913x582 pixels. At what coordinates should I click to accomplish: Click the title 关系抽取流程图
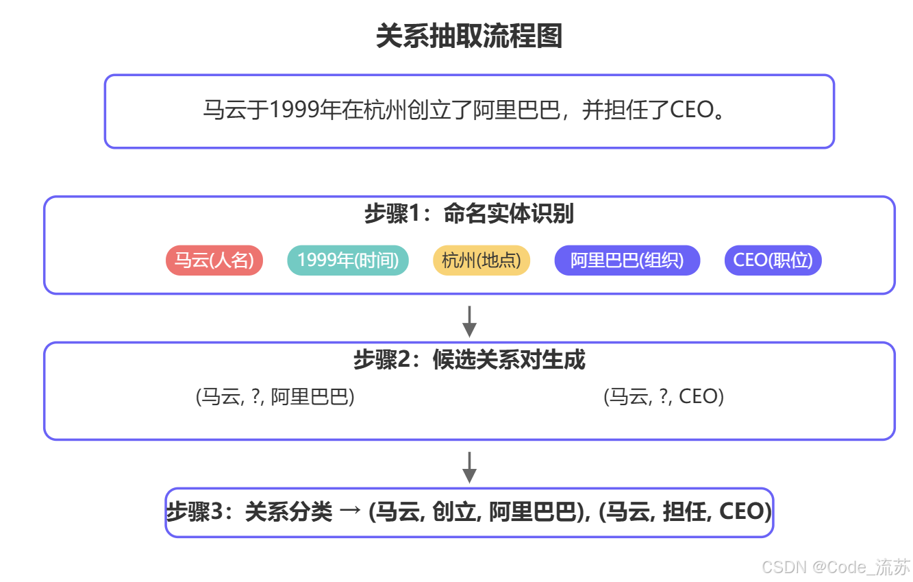click(469, 36)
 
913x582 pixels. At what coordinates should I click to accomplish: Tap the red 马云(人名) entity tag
click(214, 260)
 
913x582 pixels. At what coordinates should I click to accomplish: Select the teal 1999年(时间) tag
click(348, 260)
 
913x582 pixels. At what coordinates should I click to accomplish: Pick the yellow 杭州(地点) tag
click(481, 260)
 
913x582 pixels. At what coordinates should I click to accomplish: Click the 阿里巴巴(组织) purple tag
click(627, 260)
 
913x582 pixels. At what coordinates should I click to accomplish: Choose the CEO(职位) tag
click(773, 260)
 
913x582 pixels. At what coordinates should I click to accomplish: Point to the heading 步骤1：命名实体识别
click(469, 215)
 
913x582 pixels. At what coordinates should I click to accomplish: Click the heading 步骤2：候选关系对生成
click(469, 360)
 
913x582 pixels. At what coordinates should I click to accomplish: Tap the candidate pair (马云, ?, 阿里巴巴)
click(275, 397)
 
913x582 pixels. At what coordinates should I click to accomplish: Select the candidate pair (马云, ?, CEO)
click(664, 397)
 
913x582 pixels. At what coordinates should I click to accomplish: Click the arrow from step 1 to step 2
click(469, 321)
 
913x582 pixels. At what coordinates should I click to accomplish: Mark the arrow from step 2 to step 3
click(469, 467)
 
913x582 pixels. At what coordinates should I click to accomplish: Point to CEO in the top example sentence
click(691, 110)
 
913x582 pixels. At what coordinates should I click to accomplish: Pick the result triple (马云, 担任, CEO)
click(685, 512)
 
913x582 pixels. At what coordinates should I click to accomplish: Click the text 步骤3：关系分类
click(249, 512)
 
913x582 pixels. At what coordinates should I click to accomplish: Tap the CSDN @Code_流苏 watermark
click(836, 567)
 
